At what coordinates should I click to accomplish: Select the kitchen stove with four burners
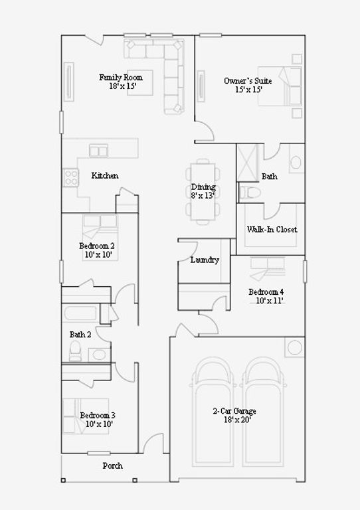click(70, 177)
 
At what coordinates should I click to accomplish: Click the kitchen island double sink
click(98, 151)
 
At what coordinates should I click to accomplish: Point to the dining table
click(203, 191)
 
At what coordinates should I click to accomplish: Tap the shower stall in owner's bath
click(247, 162)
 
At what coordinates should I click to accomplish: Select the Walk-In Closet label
click(272, 229)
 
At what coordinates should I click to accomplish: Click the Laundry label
click(205, 260)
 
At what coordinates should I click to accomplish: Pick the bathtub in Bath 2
click(80, 313)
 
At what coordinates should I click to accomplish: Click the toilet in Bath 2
click(75, 351)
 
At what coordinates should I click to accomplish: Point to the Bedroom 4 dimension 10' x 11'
click(269, 301)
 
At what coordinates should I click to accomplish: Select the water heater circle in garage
click(295, 347)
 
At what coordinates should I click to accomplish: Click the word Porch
click(113, 466)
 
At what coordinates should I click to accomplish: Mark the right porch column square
click(135, 480)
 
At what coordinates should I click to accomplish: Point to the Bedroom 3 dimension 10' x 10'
click(99, 424)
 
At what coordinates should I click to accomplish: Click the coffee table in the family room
click(140, 82)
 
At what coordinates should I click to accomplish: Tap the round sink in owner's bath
click(296, 162)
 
